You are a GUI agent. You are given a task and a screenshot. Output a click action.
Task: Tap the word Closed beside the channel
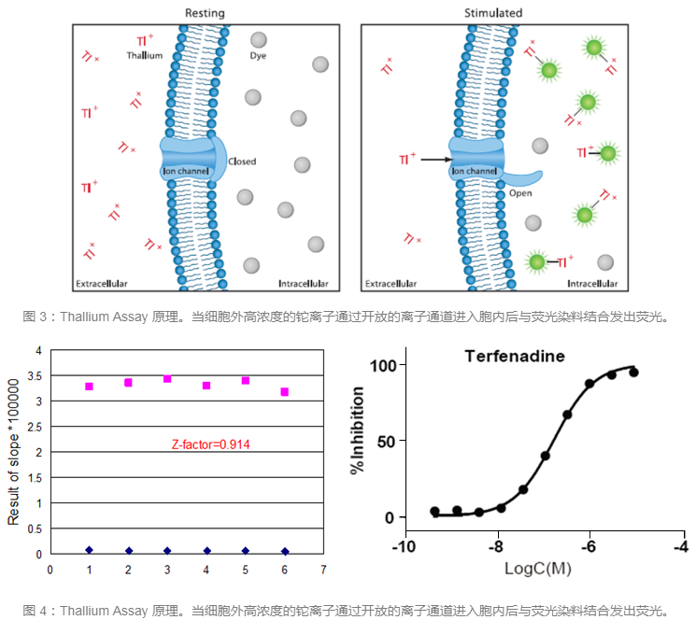tap(242, 162)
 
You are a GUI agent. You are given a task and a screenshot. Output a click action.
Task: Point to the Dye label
tap(258, 56)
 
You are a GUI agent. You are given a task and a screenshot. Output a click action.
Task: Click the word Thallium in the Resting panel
tap(145, 56)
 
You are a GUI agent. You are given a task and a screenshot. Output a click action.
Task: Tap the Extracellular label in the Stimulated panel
tap(391, 282)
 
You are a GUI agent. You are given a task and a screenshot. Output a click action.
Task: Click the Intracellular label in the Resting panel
tap(304, 282)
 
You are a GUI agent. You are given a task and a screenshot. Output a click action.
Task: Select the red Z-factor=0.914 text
tap(210, 444)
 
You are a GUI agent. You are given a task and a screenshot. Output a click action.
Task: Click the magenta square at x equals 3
tap(167, 378)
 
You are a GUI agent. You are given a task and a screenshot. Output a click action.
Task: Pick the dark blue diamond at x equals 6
tap(284, 551)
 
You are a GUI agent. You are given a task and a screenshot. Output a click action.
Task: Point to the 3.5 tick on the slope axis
tap(36, 376)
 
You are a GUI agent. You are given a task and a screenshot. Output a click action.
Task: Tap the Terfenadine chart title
tap(515, 356)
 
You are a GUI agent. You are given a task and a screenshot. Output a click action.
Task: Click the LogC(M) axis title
tap(541, 568)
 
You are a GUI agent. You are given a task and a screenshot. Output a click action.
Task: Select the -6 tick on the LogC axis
tap(589, 546)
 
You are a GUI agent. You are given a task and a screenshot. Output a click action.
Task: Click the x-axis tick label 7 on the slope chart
tap(322, 569)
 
